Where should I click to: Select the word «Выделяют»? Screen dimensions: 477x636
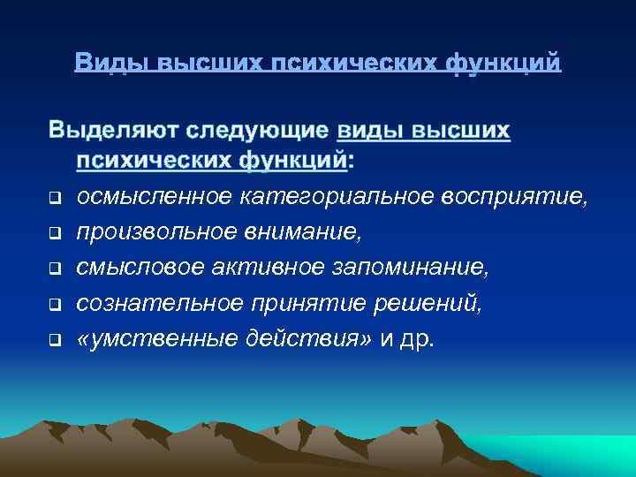point(112,132)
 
